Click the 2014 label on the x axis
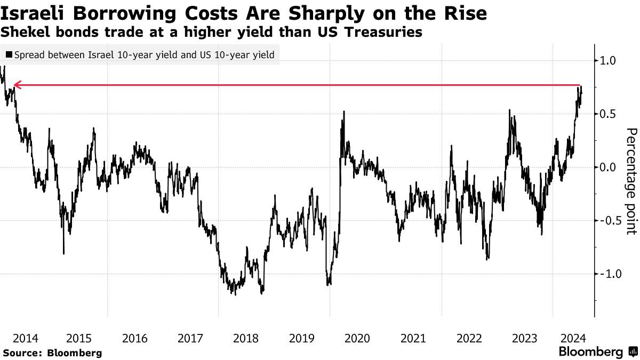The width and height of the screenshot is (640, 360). coord(25,338)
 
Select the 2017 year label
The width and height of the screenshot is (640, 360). coord(190,338)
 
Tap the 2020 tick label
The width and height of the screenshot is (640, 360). coord(357,338)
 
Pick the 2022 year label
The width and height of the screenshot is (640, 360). coord(468,338)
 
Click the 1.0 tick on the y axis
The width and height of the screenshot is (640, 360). coord(608,61)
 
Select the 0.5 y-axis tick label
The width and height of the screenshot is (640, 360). coord(608,114)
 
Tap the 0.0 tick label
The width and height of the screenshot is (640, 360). coord(608,167)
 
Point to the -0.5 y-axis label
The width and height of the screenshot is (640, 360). coord(606,221)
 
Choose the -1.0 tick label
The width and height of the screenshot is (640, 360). coord(606,274)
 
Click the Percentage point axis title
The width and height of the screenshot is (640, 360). coord(631,181)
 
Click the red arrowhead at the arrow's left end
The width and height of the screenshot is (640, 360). coord(17,85)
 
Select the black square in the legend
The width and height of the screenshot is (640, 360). coord(9,54)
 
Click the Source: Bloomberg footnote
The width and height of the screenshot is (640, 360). coord(52,353)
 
